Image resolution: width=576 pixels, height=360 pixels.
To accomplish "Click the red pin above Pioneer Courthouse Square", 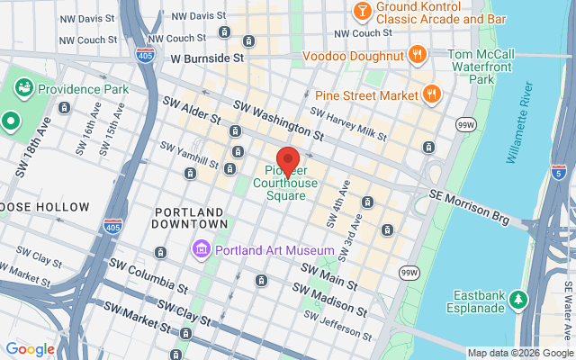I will pos(287,158).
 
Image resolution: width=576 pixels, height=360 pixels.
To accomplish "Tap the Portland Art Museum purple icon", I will pos(200,248).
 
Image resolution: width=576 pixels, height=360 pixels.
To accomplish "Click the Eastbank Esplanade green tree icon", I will pos(518,298).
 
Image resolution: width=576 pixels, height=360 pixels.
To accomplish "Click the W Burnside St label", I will pos(208,58).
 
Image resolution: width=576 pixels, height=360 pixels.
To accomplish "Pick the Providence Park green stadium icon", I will pos(24,88).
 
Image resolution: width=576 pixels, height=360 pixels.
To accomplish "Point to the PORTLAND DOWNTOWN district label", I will pos(190,217).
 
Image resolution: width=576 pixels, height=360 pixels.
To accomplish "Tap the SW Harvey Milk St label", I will pos(347,123).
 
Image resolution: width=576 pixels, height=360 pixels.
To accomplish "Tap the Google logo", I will pos(31,349).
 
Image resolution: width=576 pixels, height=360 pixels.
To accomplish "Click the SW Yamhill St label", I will pos(190,156).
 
